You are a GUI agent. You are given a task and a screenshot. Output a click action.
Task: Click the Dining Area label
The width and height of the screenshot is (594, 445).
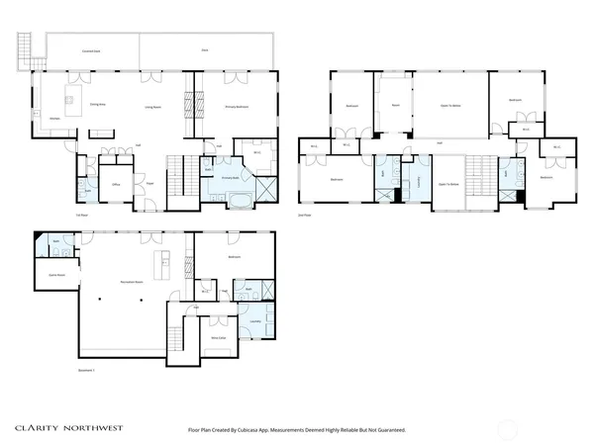[98, 104]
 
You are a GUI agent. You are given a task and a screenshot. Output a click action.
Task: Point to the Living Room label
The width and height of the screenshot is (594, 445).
[153, 106]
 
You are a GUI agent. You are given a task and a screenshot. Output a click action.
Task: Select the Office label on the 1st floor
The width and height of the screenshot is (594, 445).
[116, 184]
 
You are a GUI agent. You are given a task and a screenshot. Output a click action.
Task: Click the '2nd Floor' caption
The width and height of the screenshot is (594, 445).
[304, 214]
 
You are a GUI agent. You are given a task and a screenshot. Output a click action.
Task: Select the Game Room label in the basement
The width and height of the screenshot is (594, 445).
[56, 274]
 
